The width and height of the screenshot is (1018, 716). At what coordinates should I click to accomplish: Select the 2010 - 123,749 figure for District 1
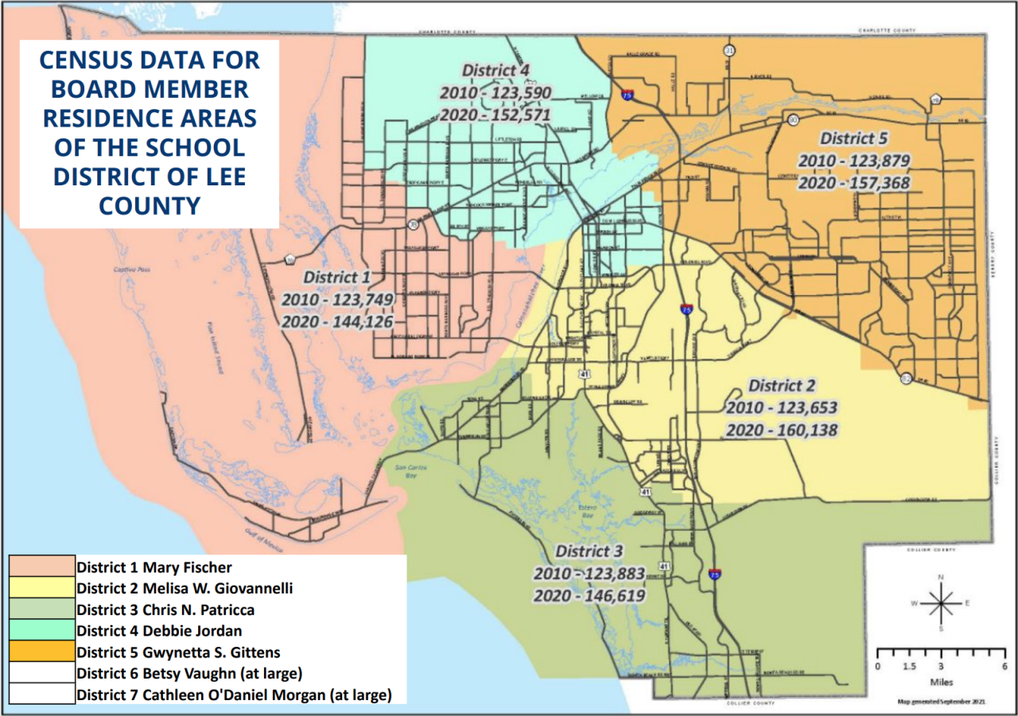336,300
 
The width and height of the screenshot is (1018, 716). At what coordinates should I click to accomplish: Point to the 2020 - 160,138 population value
782,430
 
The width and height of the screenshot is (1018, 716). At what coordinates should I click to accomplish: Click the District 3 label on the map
589,551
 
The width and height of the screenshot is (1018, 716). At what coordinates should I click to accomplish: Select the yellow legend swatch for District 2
41,589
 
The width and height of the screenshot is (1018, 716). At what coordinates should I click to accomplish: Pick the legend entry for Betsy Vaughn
188,674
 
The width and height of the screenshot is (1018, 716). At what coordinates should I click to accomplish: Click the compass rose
941,602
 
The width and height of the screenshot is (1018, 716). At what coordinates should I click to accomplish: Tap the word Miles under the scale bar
941,682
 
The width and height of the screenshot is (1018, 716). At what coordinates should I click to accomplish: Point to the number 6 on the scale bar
1004,666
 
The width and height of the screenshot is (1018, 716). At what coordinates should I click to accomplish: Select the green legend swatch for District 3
41,610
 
